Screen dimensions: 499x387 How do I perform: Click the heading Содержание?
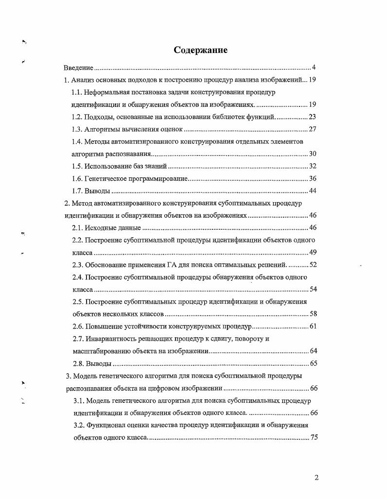201,50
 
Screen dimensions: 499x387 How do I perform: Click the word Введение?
79,67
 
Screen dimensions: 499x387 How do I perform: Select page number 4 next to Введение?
314,67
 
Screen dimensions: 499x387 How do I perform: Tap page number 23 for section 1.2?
313,117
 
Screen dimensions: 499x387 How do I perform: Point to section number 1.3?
77,129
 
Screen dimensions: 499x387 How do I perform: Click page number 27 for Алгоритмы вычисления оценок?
313,129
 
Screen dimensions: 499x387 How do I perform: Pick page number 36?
313,178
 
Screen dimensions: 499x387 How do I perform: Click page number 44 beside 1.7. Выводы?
313,190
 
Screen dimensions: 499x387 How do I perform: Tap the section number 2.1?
78,228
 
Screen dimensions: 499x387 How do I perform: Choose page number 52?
313,265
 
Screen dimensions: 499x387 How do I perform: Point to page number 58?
313,314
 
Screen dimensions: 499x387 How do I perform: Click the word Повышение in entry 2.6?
106,326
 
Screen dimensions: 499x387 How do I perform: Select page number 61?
313,326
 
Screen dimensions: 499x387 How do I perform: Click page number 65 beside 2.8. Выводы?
313,363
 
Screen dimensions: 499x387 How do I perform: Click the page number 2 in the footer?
317,477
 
